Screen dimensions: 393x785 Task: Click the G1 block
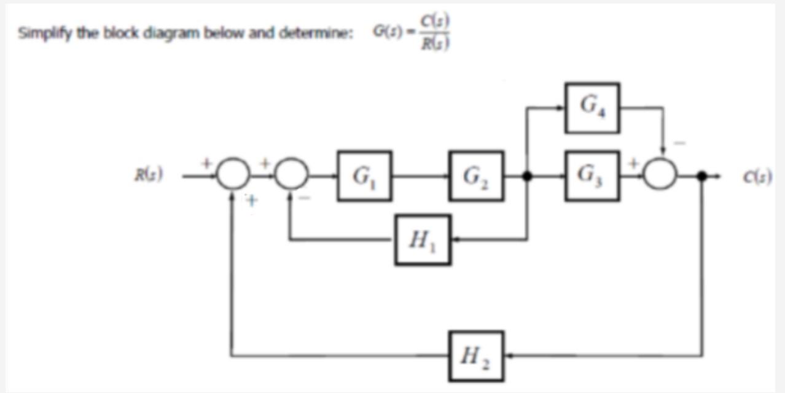(x=364, y=176)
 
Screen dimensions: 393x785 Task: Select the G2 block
(x=476, y=176)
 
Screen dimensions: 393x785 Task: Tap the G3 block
(x=592, y=176)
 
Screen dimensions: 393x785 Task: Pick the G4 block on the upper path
(x=592, y=108)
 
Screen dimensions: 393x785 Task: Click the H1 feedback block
(x=423, y=239)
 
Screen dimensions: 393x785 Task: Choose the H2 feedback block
(x=476, y=356)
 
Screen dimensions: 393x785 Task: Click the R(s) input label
(x=148, y=176)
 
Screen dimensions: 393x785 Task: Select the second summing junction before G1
(x=291, y=176)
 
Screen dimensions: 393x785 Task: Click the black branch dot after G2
(x=526, y=176)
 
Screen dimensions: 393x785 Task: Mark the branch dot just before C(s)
(x=701, y=176)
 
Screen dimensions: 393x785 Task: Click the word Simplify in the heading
(x=38, y=33)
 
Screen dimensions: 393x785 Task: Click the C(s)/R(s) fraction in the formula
(x=435, y=32)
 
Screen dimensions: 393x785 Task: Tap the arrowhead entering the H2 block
(x=509, y=356)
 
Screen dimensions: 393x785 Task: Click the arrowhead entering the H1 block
(x=455, y=239)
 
